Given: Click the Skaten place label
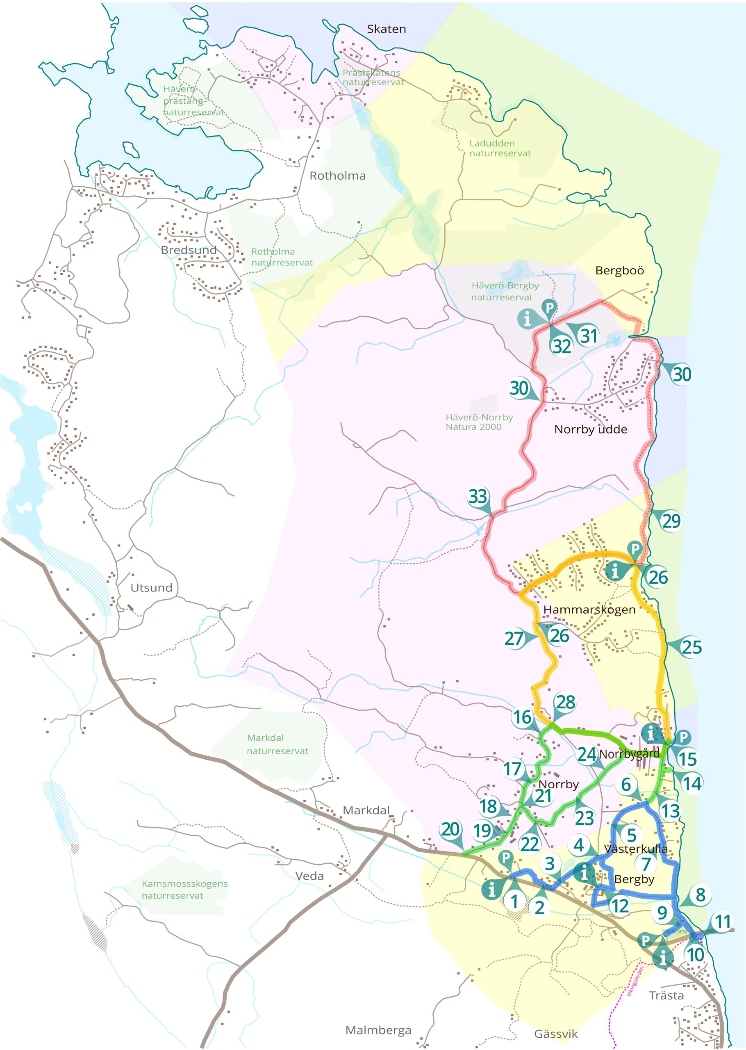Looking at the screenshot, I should point(386,29).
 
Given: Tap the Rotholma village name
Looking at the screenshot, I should point(337,176).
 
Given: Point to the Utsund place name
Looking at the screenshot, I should point(151,587).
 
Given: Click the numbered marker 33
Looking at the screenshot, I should point(478,496).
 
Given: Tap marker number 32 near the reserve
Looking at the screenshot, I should point(561,346).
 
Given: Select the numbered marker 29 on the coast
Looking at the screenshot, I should point(671,520).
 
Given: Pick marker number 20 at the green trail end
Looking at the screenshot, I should point(450,829).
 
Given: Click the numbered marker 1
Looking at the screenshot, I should point(514,901).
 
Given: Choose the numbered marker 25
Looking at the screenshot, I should point(691,647).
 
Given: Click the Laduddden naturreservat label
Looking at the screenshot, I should point(499,148).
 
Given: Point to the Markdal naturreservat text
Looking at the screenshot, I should point(277,744).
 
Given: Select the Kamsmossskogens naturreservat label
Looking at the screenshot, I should point(184,889).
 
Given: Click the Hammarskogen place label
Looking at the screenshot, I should point(589,610).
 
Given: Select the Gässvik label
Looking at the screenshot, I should point(555,1034).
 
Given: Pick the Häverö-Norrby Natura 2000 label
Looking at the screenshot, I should point(479,422).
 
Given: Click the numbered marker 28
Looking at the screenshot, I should point(566,702).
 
